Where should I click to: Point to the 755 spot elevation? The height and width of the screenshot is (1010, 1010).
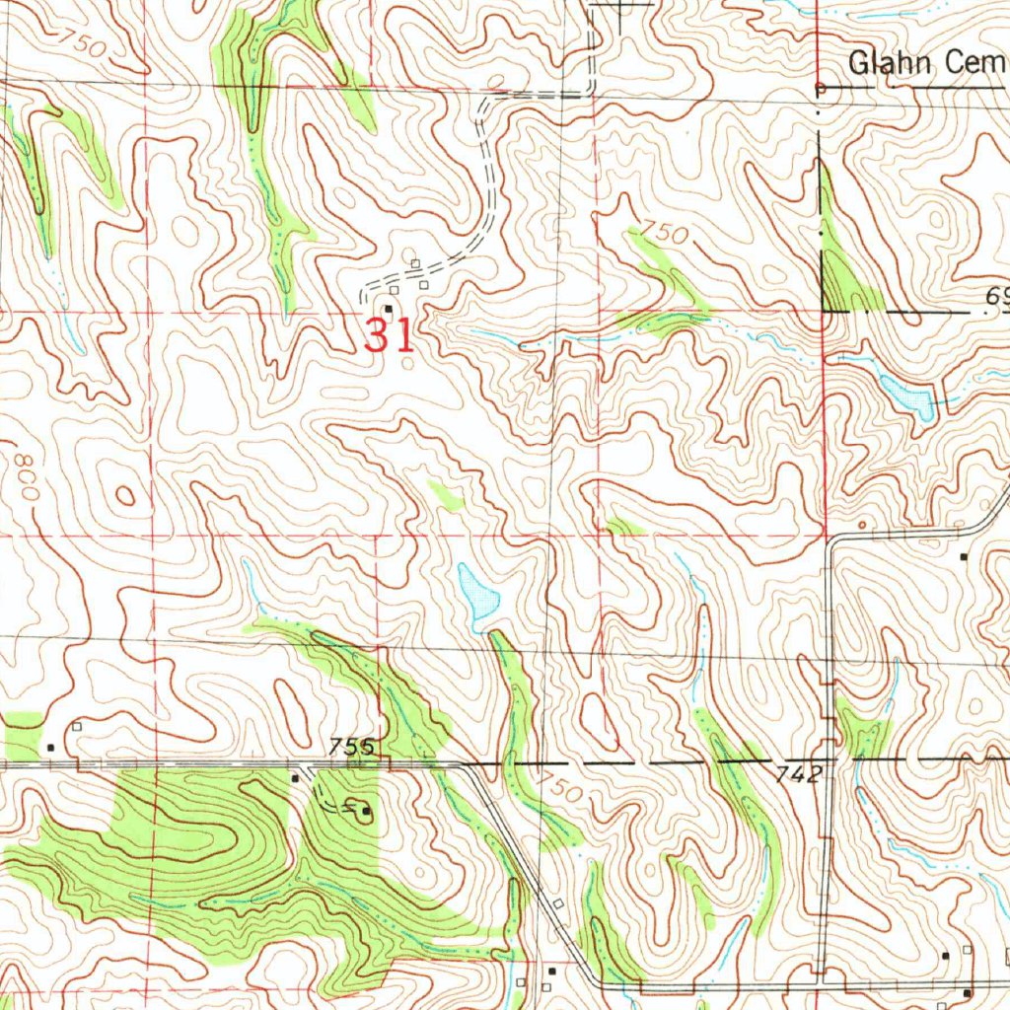pyautogui.click(x=352, y=747)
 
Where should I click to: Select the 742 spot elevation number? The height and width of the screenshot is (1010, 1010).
pyautogui.click(x=796, y=775)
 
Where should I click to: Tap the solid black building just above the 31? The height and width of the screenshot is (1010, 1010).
pyautogui.click(x=389, y=309)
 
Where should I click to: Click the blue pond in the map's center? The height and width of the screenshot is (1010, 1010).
pyautogui.click(x=479, y=596)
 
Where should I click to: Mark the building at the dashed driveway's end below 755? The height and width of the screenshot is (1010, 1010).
pyautogui.click(x=366, y=812)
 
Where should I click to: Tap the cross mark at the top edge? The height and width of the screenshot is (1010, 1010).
pyautogui.click(x=621, y=8)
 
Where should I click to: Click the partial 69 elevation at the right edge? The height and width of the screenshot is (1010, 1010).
pyautogui.click(x=996, y=297)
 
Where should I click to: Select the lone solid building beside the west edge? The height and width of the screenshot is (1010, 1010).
pyautogui.click(x=51, y=747)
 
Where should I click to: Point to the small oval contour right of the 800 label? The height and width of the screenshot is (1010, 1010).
pyautogui.click(x=124, y=494)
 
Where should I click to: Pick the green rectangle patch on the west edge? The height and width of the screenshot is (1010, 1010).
pyautogui.click(x=23, y=736)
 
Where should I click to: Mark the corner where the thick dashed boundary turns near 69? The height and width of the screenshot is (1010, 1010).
pyautogui.click(x=821, y=311)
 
